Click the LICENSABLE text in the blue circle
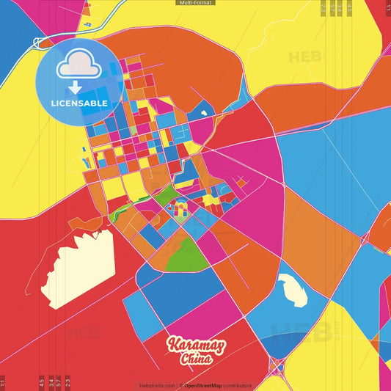[x=79, y=103]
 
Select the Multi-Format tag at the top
[x=195, y=3]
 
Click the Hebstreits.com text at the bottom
[x=156, y=385]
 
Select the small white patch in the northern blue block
[x=201, y=114]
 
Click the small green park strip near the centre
[x=166, y=194]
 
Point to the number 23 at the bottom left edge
[x=67, y=382]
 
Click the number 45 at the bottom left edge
[x=42, y=382]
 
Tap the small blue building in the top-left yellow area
[x=87, y=12]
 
